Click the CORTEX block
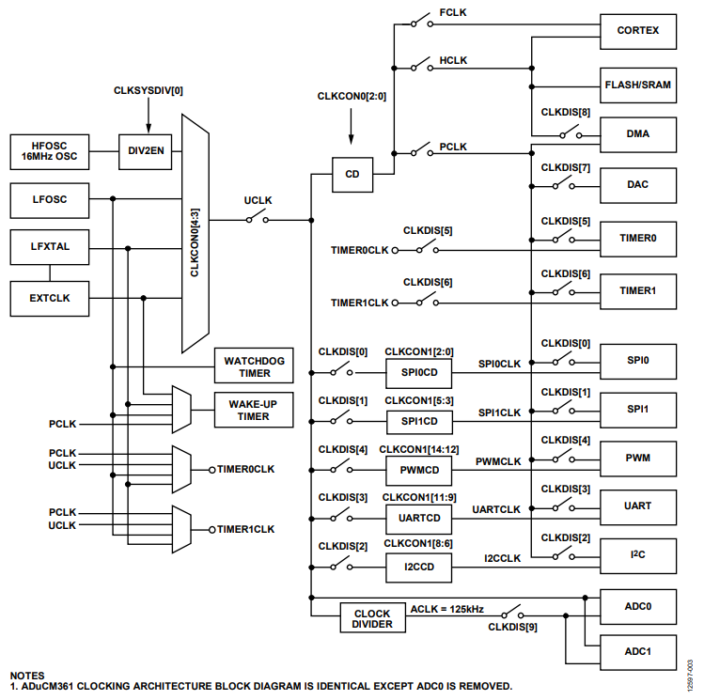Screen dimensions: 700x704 point(638,30)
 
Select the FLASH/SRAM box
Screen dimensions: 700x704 point(638,84)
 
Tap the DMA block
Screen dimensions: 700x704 point(638,134)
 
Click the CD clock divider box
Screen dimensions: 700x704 point(352,174)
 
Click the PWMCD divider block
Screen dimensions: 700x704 point(419,469)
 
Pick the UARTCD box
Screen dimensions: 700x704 point(419,518)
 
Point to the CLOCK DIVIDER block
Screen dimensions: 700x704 point(372,619)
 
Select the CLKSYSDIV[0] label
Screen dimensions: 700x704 point(148,90)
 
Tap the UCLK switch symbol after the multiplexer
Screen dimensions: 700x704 point(258,220)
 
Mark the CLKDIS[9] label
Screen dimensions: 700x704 point(512,627)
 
